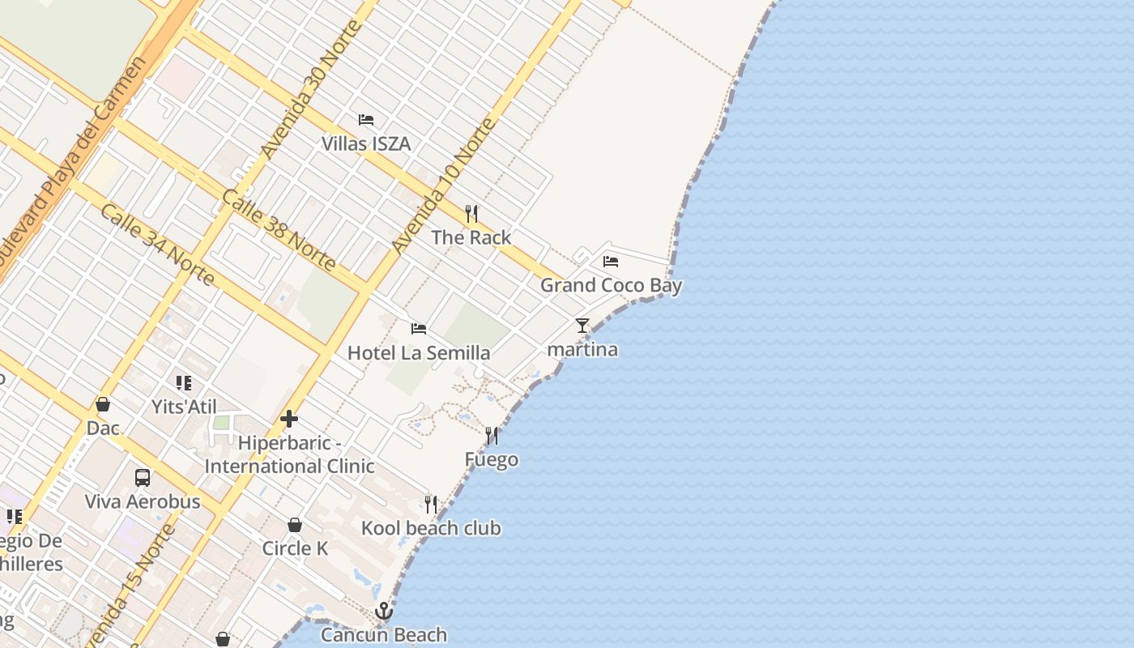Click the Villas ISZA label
click(366, 144)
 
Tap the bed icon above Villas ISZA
click(366, 120)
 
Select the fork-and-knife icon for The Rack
click(471, 214)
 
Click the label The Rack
click(471, 237)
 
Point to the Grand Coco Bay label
click(611, 285)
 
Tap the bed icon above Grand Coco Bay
click(611, 262)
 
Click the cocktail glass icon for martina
click(582, 326)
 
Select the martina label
click(582, 350)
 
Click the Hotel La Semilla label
click(419, 353)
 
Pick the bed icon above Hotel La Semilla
click(419, 329)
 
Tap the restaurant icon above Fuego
click(492, 436)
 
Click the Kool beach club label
click(431, 529)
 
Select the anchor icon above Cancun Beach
click(384, 611)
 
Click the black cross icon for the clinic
click(289, 419)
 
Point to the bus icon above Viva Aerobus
click(143, 478)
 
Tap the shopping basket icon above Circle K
click(295, 525)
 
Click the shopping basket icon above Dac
click(103, 404)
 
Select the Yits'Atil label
click(184, 407)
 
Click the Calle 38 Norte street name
click(279, 230)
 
